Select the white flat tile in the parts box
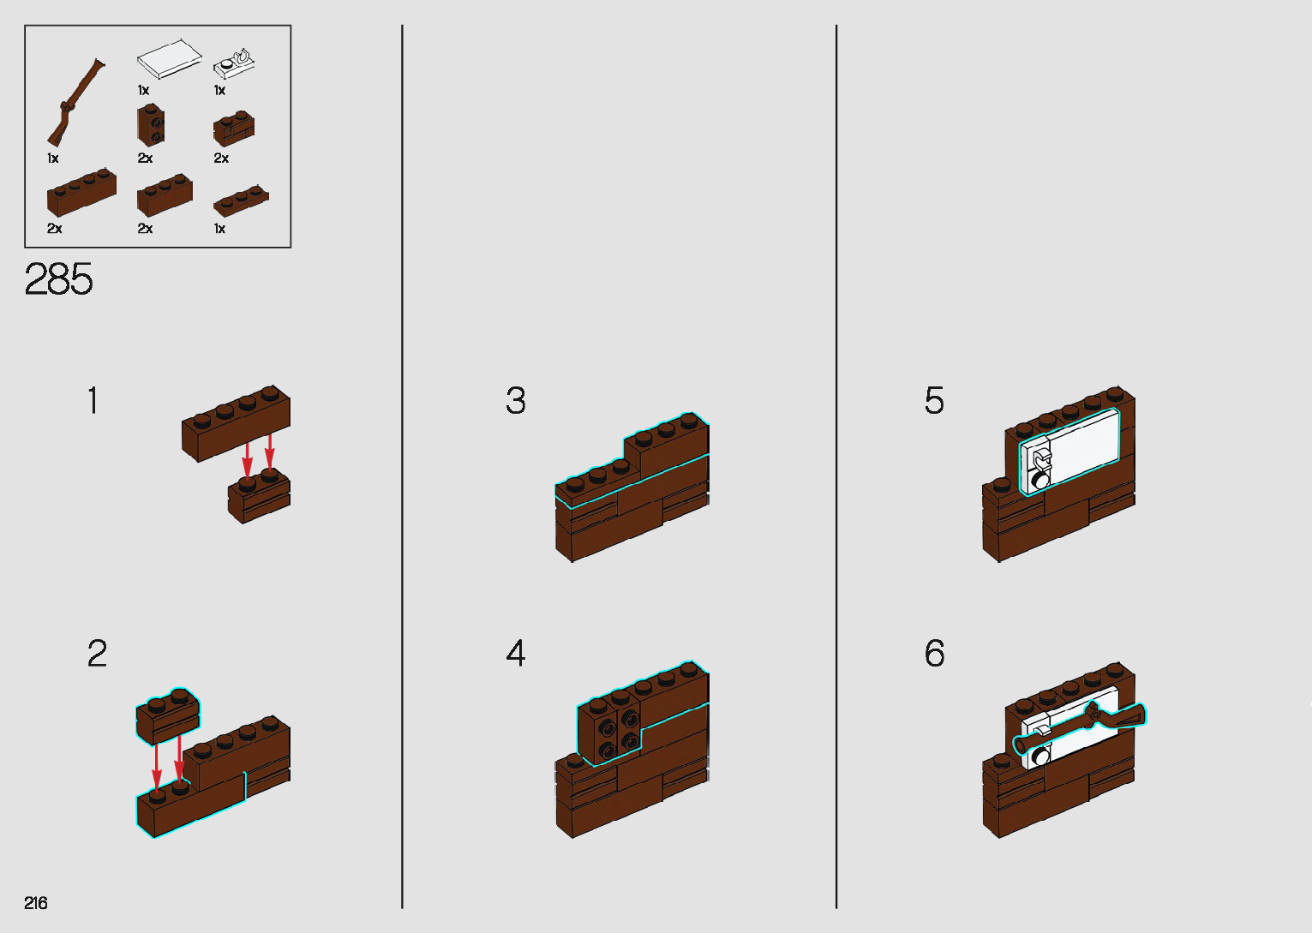[x=170, y=58]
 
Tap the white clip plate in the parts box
[x=234, y=64]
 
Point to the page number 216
[x=36, y=902]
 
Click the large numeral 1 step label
[x=93, y=401]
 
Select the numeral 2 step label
[x=97, y=653]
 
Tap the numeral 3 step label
[x=515, y=401]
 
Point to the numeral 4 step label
[x=515, y=653]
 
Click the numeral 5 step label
[x=934, y=401]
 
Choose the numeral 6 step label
[x=934, y=653]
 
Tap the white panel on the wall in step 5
[x=1069, y=452]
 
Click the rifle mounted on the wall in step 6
[x=1079, y=729]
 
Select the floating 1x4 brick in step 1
[x=236, y=423]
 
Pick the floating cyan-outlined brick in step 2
[x=167, y=716]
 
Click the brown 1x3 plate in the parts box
[x=241, y=200]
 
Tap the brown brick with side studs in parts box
[x=151, y=125]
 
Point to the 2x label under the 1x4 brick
[x=55, y=229]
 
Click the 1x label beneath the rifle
[x=53, y=158]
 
